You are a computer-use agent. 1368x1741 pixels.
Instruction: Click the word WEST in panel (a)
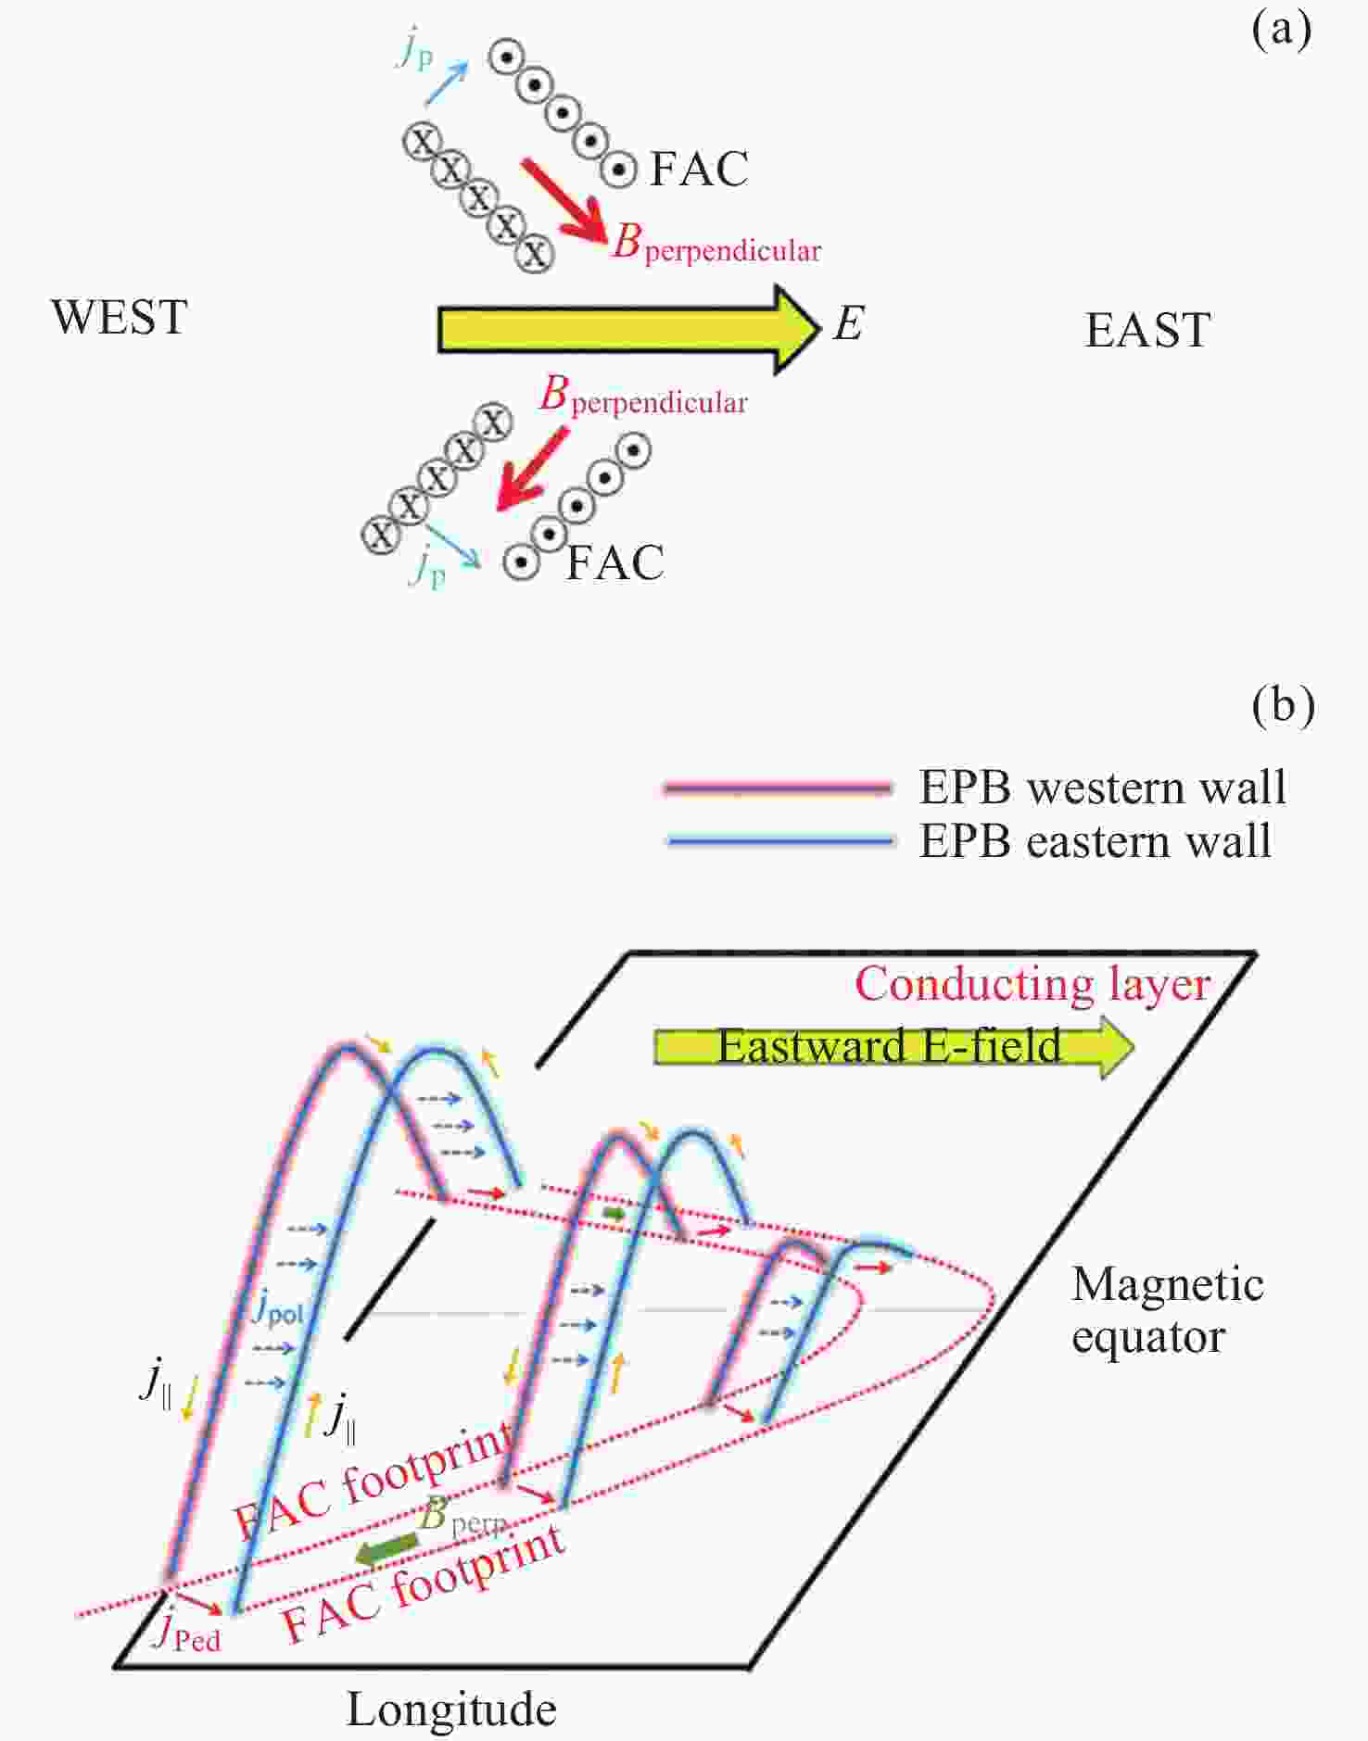120,317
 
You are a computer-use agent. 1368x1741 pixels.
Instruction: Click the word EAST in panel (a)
1147,331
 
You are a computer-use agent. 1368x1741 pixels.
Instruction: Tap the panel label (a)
1282,31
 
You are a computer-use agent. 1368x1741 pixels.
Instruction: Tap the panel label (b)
1283,706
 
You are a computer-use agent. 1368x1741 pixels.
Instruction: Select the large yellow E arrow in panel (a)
629,330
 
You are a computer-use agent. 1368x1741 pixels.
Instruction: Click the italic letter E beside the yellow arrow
849,324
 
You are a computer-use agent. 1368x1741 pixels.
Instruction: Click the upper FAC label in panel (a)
699,169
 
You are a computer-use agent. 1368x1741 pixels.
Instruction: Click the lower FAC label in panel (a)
615,562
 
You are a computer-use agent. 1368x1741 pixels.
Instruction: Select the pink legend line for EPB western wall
778,788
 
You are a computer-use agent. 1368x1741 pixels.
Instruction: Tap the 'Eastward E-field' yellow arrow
893,1047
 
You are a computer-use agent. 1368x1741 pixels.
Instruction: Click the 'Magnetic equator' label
1167,1310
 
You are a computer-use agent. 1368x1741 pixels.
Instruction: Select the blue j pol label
277,1307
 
